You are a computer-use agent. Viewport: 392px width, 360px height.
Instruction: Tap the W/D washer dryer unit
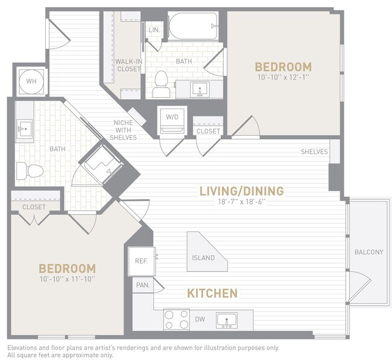tap(171, 119)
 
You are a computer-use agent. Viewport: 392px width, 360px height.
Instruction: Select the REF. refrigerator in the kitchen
tap(141, 261)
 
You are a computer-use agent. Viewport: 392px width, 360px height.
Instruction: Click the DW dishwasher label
tap(200, 319)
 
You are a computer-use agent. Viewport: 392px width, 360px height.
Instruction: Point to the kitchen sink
tap(227, 320)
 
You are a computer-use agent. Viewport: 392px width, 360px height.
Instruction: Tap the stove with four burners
tap(177, 319)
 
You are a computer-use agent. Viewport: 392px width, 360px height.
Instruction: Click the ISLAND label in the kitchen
tap(203, 258)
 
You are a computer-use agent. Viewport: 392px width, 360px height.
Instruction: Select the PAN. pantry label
tap(142, 285)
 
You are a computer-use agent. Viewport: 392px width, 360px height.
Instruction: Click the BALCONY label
tap(368, 252)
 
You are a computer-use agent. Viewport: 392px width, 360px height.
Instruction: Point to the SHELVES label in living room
tap(314, 152)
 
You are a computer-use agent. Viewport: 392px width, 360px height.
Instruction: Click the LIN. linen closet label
tap(154, 30)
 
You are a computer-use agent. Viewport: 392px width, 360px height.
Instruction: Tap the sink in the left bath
tap(25, 128)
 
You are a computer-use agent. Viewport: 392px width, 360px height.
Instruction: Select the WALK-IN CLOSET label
tap(128, 65)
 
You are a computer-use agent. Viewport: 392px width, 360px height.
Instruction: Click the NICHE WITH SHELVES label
tap(124, 130)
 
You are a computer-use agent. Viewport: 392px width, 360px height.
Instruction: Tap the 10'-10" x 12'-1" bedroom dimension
tap(283, 77)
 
